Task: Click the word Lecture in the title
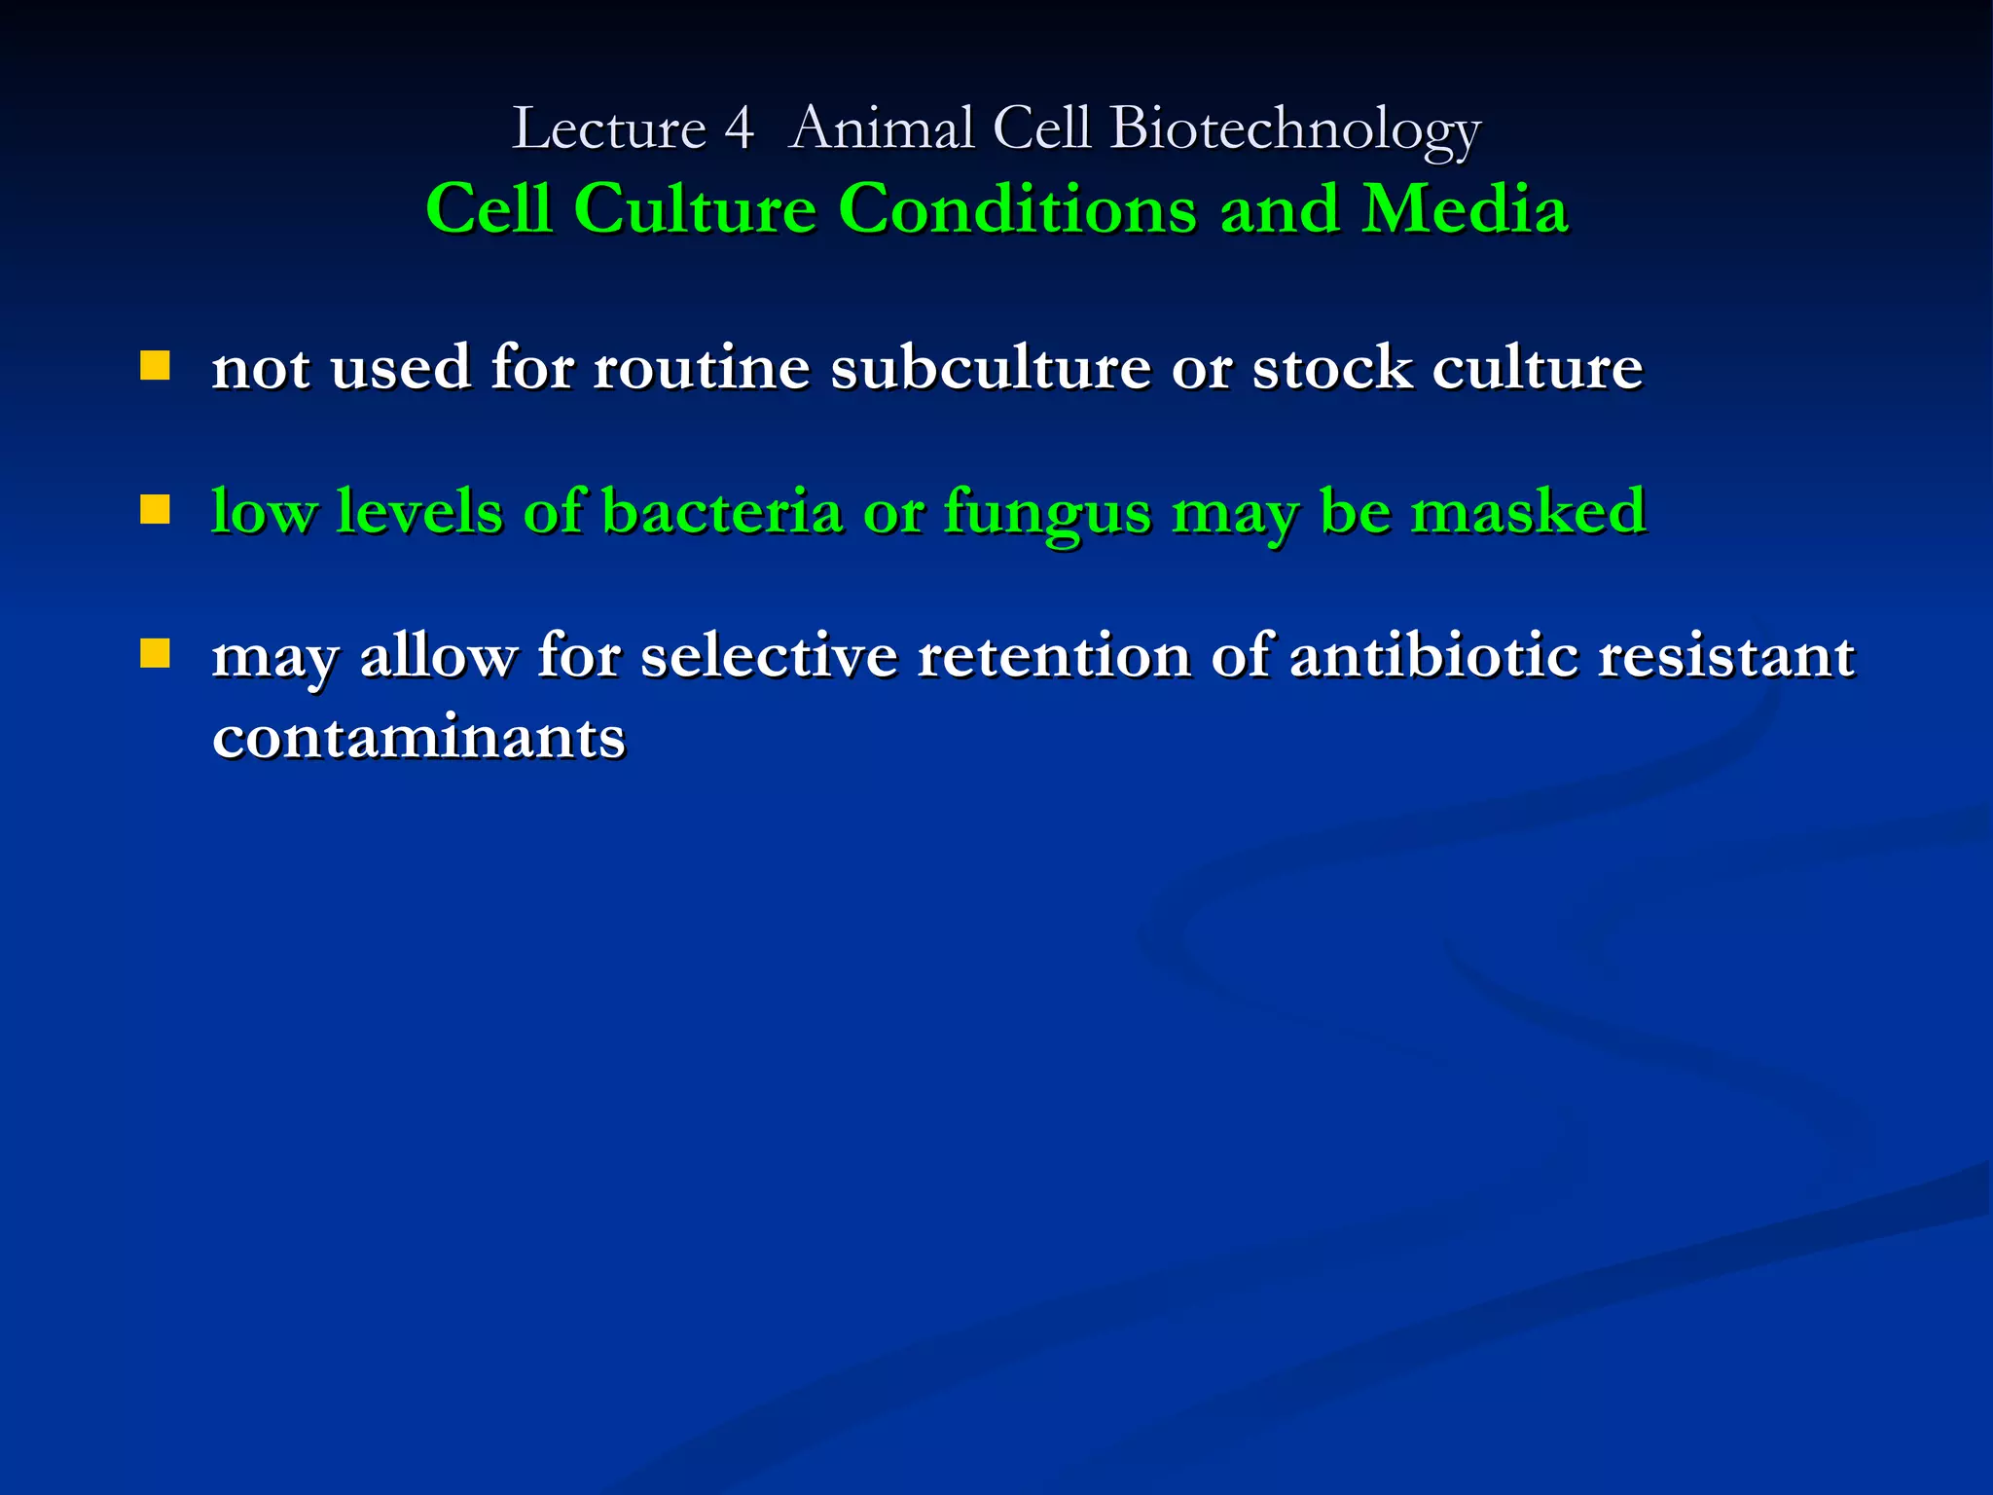click(609, 128)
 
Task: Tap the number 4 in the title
click(740, 128)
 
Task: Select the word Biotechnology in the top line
click(1294, 128)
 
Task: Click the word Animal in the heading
click(882, 128)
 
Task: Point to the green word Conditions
click(1017, 209)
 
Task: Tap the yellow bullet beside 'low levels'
click(155, 509)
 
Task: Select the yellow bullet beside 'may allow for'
click(155, 653)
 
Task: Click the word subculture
click(990, 368)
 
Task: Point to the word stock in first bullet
click(1331, 368)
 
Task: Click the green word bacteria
click(721, 511)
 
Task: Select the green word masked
click(1528, 511)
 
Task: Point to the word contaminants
click(418, 737)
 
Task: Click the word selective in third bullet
click(769, 655)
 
